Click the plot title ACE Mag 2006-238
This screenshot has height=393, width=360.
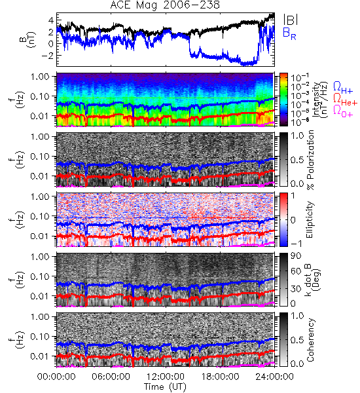click(165, 5)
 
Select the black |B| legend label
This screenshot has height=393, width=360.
click(290, 20)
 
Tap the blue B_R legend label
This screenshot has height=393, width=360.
click(289, 33)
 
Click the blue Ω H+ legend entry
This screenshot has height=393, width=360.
click(343, 88)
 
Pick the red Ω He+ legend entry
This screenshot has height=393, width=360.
click(345, 100)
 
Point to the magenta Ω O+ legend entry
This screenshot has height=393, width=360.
click(343, 111)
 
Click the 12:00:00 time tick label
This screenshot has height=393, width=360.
click(166, 377)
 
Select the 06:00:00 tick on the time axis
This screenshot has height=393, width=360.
click(111, 377)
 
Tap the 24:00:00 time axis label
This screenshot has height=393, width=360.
click(274, 377)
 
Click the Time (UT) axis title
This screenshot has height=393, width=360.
click(165, 386)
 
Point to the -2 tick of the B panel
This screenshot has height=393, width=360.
click(48, 56)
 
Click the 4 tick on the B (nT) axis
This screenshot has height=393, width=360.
click(51, 20)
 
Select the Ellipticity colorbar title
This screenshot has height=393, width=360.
click(310, 220)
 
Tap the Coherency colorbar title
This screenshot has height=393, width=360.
click(310, 340)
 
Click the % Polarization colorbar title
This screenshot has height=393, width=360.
click(310, 160)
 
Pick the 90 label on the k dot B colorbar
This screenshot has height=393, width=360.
click(296, 256)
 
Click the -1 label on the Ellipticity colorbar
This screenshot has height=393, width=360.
click(296, 244)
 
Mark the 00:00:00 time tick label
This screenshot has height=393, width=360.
click(56, 377)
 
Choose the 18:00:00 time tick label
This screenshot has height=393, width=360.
click(220, 377)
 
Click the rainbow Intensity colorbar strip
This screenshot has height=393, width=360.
click(283, 100)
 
